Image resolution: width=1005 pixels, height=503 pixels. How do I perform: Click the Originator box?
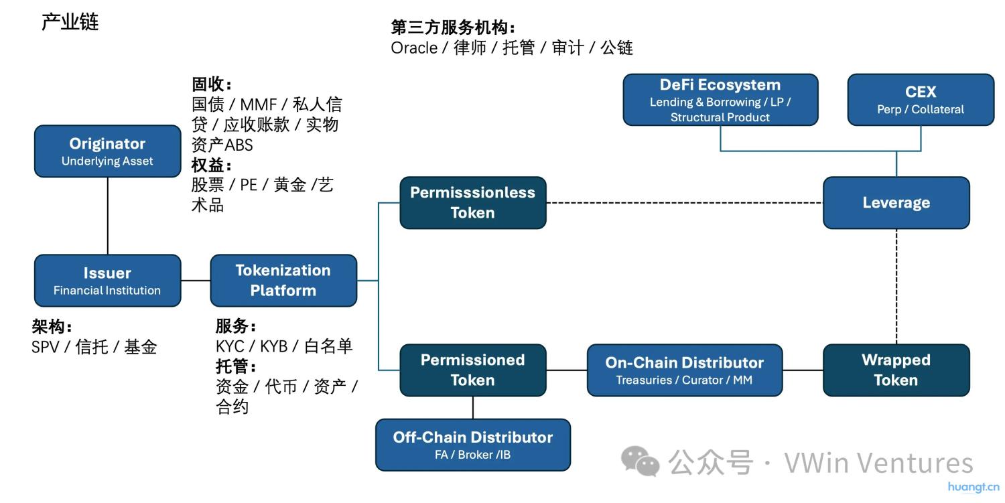[107, 151]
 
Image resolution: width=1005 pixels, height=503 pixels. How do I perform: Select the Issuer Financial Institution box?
[107, 281]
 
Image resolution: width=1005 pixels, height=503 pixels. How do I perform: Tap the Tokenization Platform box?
[283, 281]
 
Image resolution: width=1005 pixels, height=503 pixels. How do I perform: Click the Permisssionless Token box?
[472, 202]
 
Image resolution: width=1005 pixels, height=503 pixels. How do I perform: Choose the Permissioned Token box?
[472, 370]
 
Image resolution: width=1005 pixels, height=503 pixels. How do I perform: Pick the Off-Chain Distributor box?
[472, 445]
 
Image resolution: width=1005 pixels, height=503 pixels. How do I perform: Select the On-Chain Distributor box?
[684, 370]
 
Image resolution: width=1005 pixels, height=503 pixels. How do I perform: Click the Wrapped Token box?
[896, 370]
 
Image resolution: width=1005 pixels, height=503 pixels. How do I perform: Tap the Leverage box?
[896, 202]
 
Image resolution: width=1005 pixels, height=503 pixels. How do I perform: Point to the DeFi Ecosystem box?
[720, 100]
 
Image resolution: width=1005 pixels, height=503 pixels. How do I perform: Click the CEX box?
[921, 100]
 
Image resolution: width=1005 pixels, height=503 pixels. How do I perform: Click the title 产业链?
[70, 22]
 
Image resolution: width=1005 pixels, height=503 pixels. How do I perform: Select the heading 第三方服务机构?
[453, 27]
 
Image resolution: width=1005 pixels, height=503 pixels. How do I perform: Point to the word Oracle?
[413, 48]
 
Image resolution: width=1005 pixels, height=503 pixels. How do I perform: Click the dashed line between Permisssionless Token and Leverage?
[683, 202]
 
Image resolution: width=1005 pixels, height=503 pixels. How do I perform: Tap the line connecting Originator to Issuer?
[108, 216]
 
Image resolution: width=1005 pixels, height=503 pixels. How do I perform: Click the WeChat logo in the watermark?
[639, 461]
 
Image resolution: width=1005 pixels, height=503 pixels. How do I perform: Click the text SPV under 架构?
[45, 347]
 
